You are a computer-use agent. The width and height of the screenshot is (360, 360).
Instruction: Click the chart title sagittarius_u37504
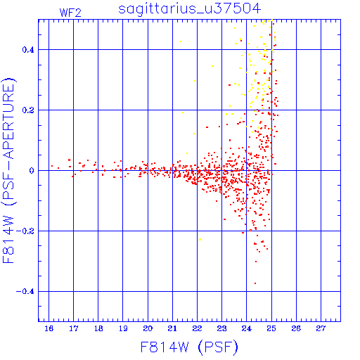pyautogui.click(x=189, y=9)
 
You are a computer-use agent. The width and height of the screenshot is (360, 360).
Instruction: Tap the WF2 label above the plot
pyautogui.click(x=70, y=13)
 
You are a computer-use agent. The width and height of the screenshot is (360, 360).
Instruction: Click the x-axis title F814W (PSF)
pyautogui.click(x=189, y=347)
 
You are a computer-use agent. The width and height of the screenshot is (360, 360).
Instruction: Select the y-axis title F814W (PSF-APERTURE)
pyautogui.click(x=8, y=171)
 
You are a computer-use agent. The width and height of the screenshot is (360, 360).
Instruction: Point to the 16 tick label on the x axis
pyautogui.click(x=49, y=328)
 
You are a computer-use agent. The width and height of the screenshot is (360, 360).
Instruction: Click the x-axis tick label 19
pyautogui.click(x=123, y=328)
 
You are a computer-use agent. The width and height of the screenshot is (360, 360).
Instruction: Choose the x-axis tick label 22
pyautogui.click(x=197, y=328)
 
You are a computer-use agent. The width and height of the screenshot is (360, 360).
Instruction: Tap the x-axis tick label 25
pyautogui.click(x=271, y=328)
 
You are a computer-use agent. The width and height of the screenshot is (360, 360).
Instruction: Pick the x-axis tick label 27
pyautogui.click(x=321, y=328)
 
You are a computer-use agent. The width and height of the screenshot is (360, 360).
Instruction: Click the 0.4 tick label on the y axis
pyautogui.click(x=28, y=50)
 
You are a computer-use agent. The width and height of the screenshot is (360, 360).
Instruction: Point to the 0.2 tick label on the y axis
pyautogui.click(x=28, y=110)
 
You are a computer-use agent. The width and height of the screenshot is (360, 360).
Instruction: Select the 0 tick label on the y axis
pyautogui.click(x=32, y=171)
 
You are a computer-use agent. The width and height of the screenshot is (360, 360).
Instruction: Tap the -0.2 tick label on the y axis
pyautogui.click(x=25, y=231)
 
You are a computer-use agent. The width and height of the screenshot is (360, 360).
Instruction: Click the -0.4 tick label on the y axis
pyautogui.click(x=25, y=292)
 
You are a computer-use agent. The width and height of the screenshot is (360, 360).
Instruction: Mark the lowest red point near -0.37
pyautogui.click(x=255, y=283)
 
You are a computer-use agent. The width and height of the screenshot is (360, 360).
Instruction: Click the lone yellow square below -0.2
pyautogui.click(x=200, y=239)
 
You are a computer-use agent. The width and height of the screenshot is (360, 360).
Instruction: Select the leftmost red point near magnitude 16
pyautogui.click(x=52, y=166)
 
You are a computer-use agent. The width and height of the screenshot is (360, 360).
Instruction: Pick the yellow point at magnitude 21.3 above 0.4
pyautogui.click(x=181, y=41)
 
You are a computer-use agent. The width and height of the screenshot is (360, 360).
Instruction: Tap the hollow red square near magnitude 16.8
pyautogui.click(x=69, y=160)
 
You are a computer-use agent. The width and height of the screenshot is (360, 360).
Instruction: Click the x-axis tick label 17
pyautogui.click(x=73, y=328)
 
